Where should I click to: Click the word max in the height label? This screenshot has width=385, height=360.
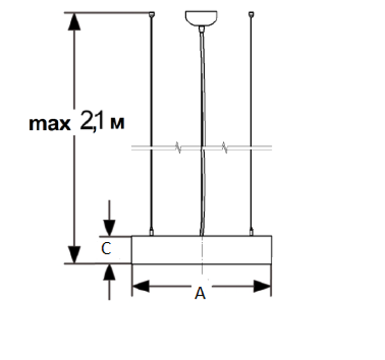[50, 124]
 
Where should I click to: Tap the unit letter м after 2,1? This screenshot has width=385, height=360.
[117, 124]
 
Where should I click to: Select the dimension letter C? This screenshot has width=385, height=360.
[106, 248]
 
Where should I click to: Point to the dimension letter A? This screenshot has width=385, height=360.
[200, 293]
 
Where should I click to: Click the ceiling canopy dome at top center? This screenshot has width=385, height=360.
[201, 18]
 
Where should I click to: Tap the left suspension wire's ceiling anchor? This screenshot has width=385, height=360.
[152, 14]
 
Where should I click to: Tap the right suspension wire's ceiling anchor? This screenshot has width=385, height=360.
[251, 14]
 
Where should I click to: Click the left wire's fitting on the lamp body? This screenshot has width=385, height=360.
[152, 232]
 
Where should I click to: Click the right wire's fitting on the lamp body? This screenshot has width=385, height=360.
[251, 232]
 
